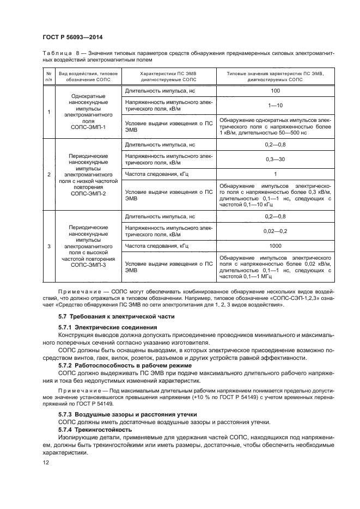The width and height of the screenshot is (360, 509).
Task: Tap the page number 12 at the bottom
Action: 46,462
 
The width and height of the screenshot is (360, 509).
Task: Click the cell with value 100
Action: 275,90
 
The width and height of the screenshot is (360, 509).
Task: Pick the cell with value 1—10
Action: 275,105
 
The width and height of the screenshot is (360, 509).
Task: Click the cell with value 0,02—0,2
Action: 275,231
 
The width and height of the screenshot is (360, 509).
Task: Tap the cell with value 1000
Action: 275,246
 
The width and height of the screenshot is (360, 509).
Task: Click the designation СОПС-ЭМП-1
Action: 84,126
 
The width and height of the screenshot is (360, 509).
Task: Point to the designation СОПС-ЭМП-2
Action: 84,193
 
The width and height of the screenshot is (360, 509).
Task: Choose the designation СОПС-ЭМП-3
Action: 84,265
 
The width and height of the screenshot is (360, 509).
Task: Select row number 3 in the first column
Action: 49,246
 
